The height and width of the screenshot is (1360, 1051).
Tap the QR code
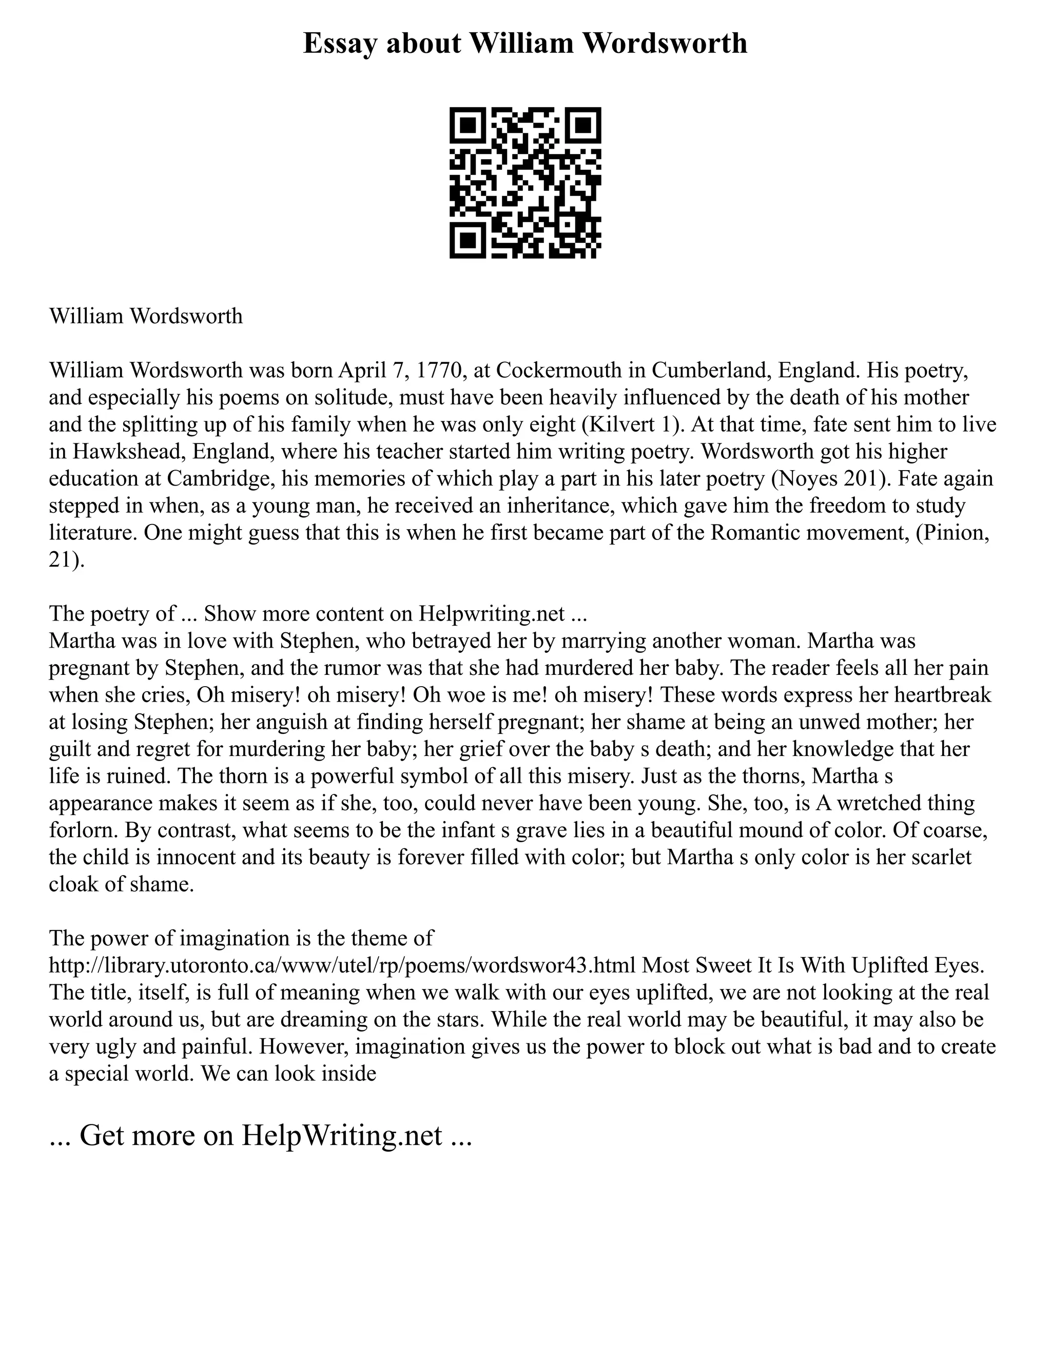525,183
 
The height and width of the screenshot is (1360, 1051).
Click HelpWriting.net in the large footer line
342,1135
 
